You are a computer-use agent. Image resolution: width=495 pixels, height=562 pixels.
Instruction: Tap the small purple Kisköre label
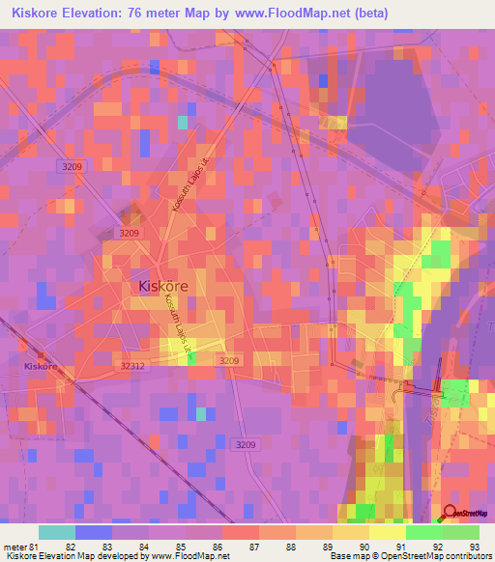click(x=42, y=367)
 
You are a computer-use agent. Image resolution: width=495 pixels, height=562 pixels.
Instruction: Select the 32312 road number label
click(x=133, y=366)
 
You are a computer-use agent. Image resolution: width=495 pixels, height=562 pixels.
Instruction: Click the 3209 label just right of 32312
click(x=229, y=360)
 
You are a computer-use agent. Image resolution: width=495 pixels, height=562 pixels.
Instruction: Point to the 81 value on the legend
click(x=34, y=547)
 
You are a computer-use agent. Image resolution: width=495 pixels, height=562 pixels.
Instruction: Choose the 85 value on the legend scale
click(x=181, y=547)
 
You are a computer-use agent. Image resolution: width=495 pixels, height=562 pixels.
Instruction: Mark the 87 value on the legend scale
click(x=254, y=547)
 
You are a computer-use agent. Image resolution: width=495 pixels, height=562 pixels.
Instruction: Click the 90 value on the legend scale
click(x=364, y=547)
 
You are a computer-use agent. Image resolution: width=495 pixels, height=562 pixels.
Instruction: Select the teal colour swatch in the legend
click(x=56, y=532)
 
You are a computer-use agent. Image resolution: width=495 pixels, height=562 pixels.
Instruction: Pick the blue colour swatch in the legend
click(x=93, y=532)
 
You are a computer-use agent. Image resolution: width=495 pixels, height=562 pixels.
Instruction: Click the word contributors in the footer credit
click(x=466, y=557)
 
